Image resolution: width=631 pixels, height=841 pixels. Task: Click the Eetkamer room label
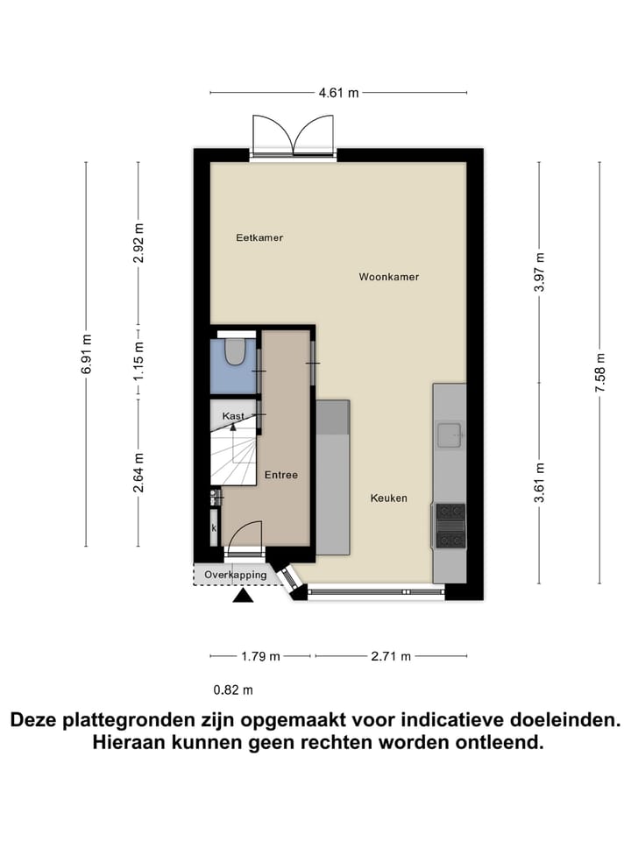259,237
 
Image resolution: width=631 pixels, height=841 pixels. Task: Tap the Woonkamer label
388,277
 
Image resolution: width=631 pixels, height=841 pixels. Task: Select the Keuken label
388,498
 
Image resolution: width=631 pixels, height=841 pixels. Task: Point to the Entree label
281,475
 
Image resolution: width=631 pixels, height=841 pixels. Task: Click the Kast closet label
232,416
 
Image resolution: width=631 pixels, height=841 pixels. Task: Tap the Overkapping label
236,575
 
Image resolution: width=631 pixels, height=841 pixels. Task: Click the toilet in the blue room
235,351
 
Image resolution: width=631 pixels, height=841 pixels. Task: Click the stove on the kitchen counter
451,525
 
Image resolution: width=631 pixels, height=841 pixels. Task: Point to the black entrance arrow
243,597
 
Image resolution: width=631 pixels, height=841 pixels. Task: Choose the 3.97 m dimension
540,272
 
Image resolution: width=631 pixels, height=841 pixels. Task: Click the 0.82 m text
233,690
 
